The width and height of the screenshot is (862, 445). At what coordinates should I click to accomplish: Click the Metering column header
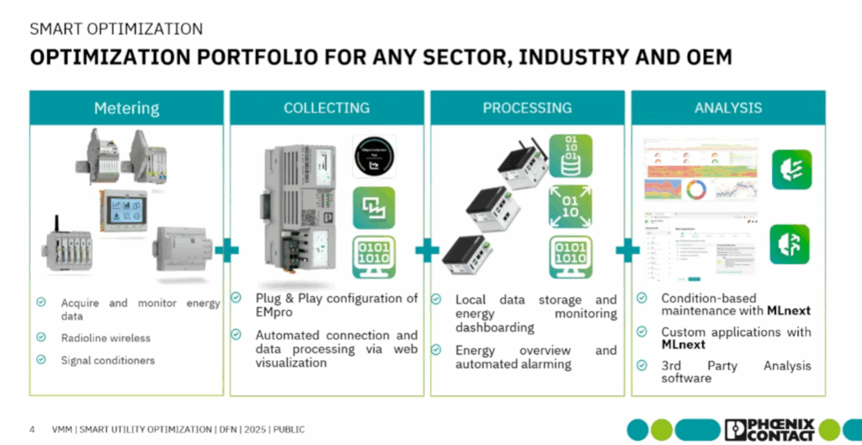[x=127, y=108]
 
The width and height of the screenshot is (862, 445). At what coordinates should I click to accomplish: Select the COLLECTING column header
[x=327, y=108]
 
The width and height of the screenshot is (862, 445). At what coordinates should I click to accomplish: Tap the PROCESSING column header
[x=527, y=108]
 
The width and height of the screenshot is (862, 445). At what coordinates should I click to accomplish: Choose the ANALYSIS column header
[x=728, y=108]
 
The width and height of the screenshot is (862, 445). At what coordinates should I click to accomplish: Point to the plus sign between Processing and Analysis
[x=628, y=250]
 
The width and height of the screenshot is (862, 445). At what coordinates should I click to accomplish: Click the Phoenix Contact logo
[x=769, y=429]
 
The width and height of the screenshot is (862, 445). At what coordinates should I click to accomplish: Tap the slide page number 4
[x=32, y=430]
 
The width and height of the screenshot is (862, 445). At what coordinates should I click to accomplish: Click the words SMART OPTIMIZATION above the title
[x=116, y=29]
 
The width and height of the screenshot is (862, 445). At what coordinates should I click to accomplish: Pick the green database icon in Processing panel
[x=570, y=155]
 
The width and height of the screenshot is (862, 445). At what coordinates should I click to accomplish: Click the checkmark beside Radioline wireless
[x=41, y=338]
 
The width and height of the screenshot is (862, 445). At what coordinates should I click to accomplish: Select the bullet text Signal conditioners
[x=108, y=360]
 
